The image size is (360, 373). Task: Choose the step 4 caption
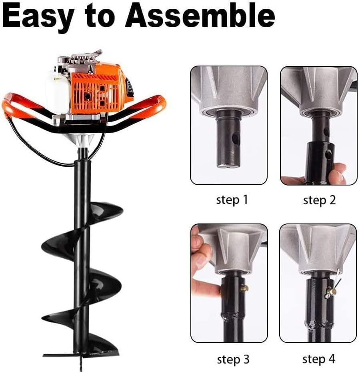319,359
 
